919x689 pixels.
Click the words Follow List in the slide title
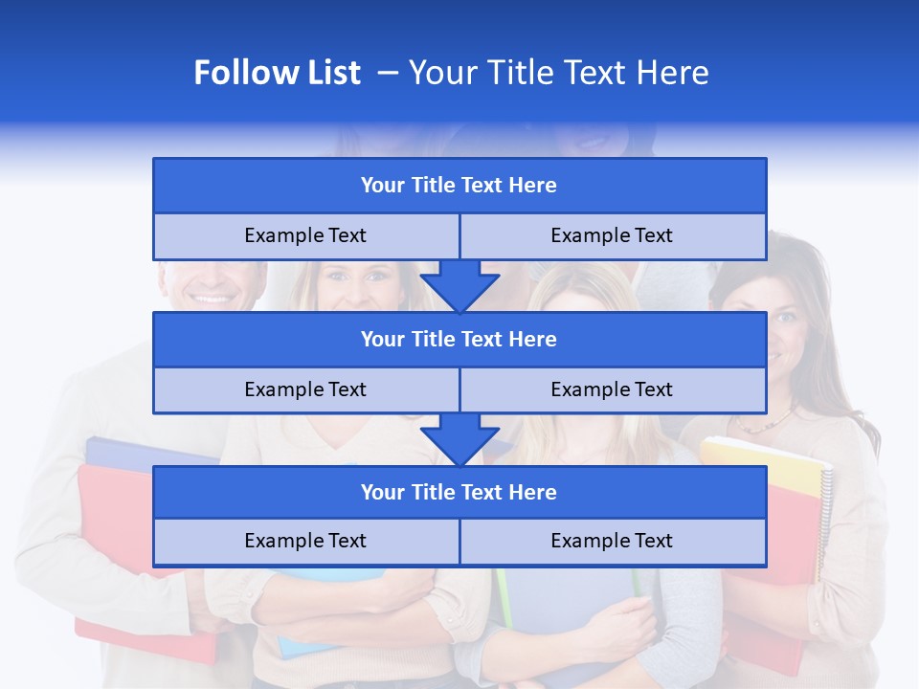coord(277,73)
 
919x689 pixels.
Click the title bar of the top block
coord(459,185)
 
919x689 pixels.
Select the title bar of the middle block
coord(459,339)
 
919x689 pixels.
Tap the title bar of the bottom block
coord(459,492)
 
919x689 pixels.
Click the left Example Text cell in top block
coord(305,235)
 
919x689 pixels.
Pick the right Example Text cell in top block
coord(612,235)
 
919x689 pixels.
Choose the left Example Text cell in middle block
coord(305,389)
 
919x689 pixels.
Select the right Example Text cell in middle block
coord(612,389)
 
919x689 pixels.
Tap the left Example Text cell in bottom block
coord(305,541)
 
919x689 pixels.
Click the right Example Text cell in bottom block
coord(612,541)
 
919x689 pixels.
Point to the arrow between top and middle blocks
coord(459,285)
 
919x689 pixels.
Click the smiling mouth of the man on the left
coord(213,298)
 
